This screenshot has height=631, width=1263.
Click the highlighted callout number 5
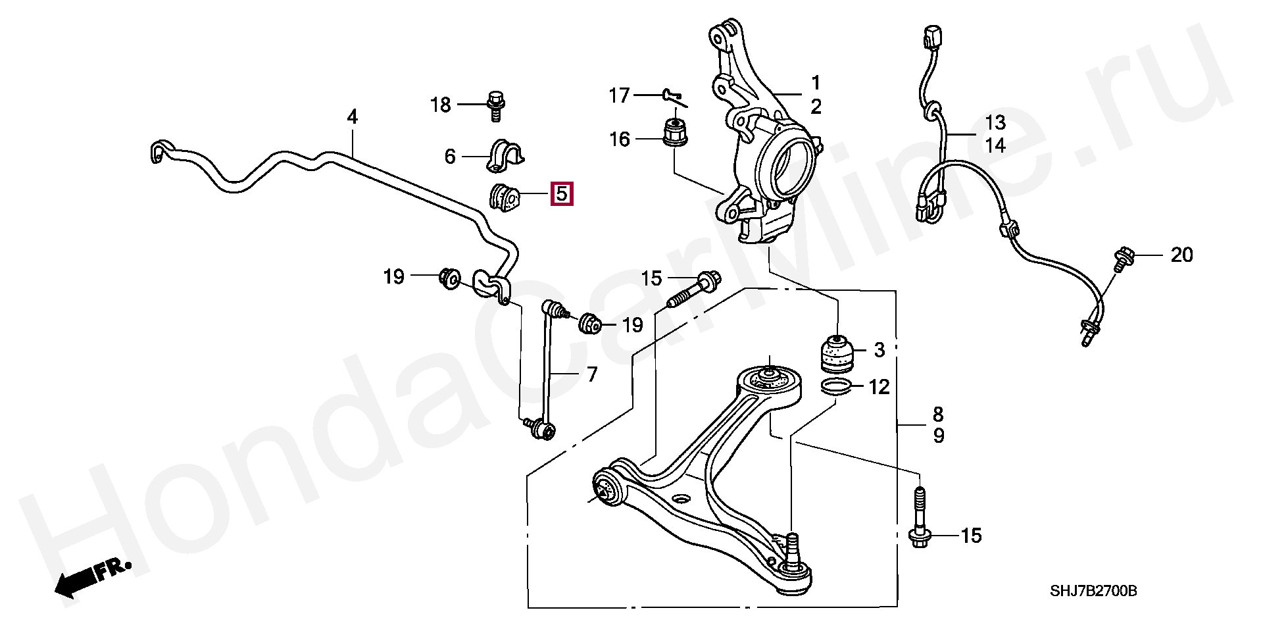tap(561, 194)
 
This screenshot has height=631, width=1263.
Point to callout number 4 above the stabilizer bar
tap(353, 118)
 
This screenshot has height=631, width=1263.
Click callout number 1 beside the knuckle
tap(816, 84)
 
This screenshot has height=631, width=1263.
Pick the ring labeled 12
tap(836, 387)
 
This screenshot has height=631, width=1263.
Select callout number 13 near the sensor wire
tap(995, 122)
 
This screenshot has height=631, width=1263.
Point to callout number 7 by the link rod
tap(592, 374)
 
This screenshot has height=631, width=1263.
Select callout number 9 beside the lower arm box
tap(939, 436)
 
